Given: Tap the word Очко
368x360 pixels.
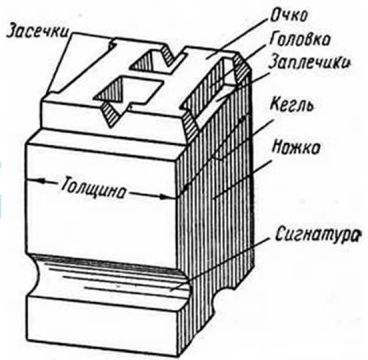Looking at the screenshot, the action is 289,16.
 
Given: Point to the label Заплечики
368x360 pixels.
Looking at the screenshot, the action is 309,62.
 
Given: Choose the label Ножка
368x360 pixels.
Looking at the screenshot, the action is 297,147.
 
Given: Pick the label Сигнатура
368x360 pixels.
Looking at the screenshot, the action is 317,235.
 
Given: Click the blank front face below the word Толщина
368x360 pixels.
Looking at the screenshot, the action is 101,225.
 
